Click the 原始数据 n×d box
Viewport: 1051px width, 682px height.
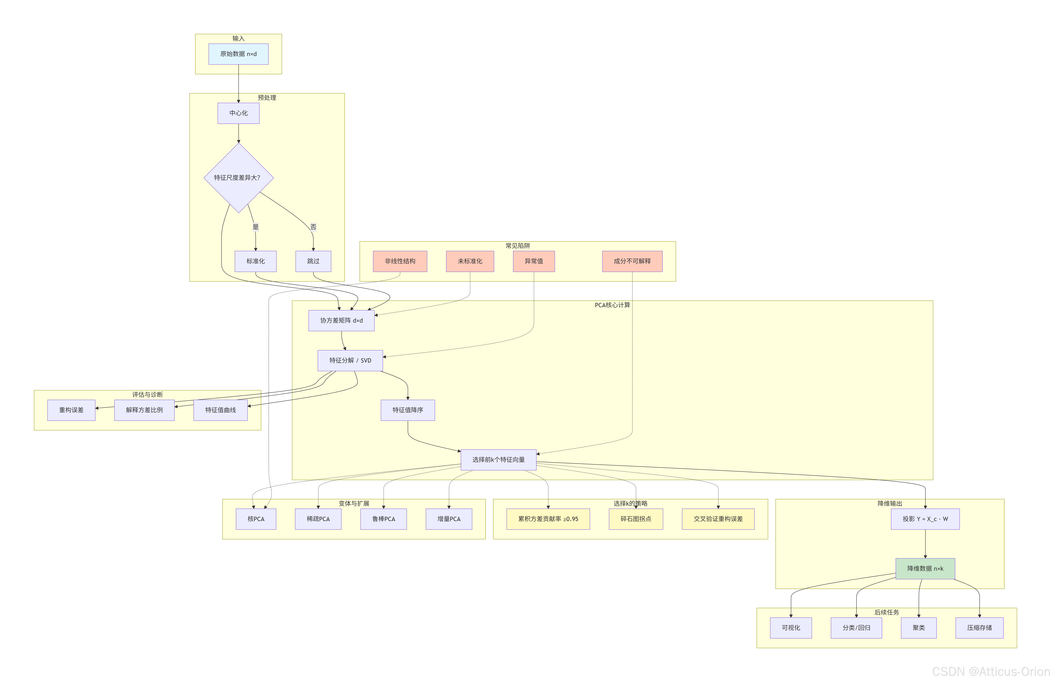click(238, 54)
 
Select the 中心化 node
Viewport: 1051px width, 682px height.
click(238, 113)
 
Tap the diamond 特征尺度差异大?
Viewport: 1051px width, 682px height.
click(238, 178)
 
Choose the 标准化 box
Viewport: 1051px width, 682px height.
click(256, 261)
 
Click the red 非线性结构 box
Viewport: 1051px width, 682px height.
click(400, 261)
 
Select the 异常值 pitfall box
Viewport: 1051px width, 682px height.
click(534, 261)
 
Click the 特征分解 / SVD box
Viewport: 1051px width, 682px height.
click(350, 360)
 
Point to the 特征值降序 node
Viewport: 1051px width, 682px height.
click(408, 410)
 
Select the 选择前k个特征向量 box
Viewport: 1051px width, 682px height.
click(499, 460)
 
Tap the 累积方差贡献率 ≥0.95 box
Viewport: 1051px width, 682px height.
click(548, 519)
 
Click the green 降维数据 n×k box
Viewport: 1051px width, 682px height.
click(925, 569)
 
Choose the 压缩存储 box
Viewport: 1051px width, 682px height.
click(979, 628)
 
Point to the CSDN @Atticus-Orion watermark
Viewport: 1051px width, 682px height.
click(991, 671)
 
